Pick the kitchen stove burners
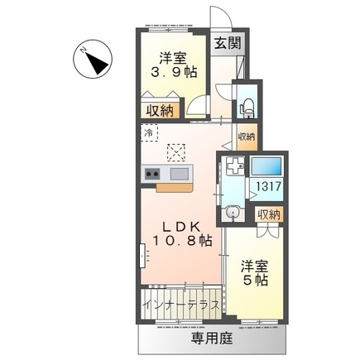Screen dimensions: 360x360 tap(152, 173)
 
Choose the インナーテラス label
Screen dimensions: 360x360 tap(180, 304)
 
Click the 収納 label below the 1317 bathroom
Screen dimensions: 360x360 tap(267, 214)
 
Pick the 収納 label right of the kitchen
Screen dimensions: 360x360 tap(247, 137)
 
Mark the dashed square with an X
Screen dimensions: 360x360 tap(176, 151)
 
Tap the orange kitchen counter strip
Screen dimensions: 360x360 tap(175, 186)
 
